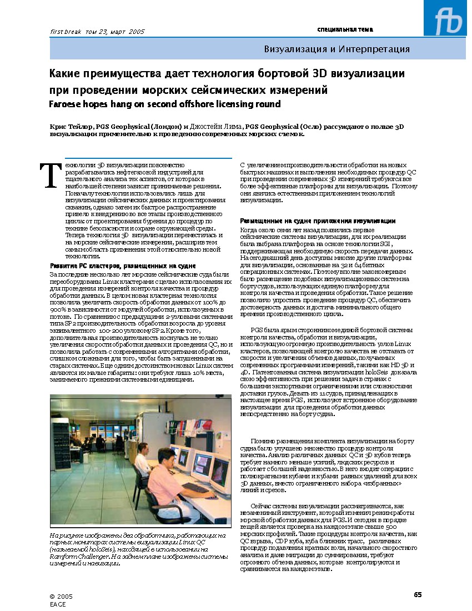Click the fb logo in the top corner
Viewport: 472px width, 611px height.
448,21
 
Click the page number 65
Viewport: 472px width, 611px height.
418,595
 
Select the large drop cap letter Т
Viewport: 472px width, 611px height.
51,176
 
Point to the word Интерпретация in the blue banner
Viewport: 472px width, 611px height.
377,49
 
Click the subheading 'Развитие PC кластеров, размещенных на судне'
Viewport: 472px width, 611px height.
123,266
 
